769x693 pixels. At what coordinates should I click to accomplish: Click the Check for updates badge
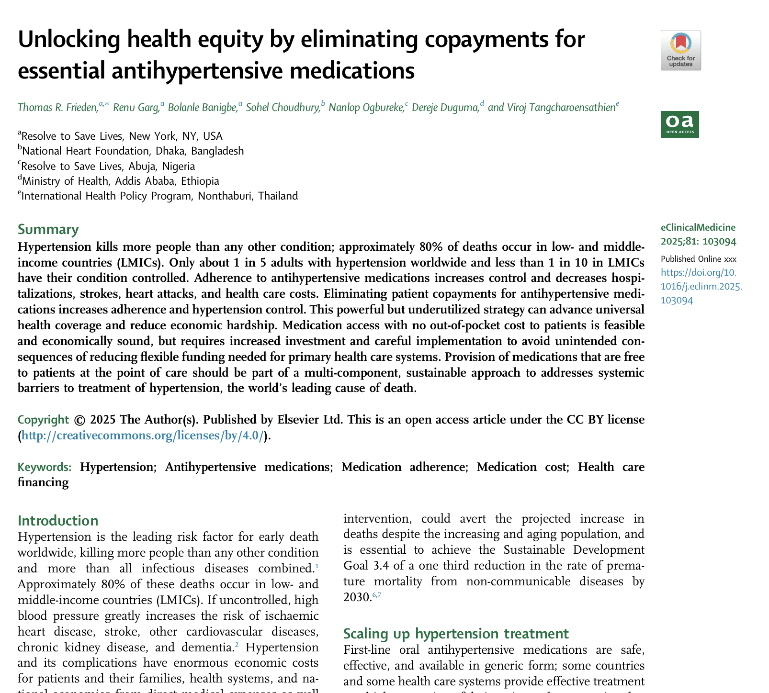[680, 50]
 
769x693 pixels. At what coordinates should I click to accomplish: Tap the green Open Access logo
[679, 124]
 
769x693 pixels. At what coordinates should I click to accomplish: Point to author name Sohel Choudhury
[283, 107]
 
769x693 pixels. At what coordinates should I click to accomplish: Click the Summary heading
[48, 229]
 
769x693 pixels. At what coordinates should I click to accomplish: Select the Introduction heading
[57, 520]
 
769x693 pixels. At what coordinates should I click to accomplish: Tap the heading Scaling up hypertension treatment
[456, 633]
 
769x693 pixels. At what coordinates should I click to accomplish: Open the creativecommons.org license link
[143, 436]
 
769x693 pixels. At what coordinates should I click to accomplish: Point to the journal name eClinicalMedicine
[698, 227]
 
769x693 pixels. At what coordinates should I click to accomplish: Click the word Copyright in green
[43, 420]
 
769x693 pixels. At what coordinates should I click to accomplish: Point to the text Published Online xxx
[698, 259]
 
